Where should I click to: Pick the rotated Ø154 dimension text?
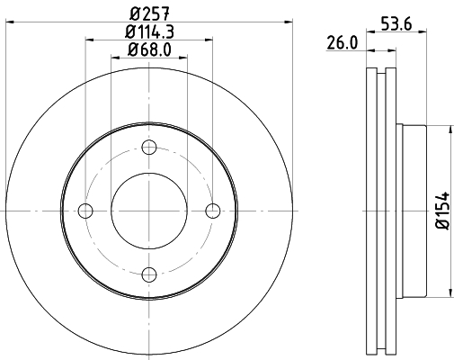pyautogui.click(x=441, y=211)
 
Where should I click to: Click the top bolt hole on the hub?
pyautogui.click(x=149, y=148)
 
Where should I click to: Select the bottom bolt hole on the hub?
pyautogui.click(x=149, y=274)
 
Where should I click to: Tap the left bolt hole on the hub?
pyautogui.click(x=86, y=211)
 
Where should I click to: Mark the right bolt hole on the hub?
pyautogui.click(x=212, y=211)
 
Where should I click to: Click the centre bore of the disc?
pyautogui.click(x=149, y=211)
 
